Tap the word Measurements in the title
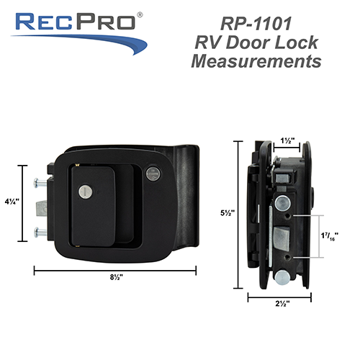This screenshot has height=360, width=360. pyautogui.click(x=256, y=61)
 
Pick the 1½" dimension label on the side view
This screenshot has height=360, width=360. pyautogui.click(x=285, y=142)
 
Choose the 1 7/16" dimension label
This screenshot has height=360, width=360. pyautogui.click(x=332, y=235)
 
